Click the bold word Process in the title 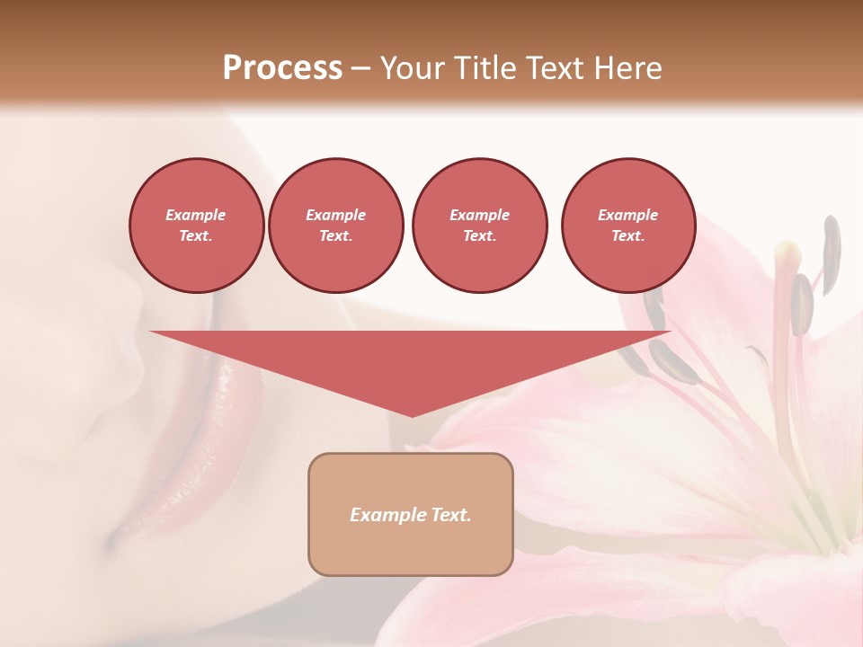tap(282, 68)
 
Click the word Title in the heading tap(484, 68)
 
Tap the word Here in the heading tap(626, 68)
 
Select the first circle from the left tap(196, 226)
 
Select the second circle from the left tap(336, 226)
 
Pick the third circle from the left tap(479, 226)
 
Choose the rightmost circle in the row tap(628, 226)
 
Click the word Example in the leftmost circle tap(196, 216)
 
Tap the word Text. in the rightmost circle tap(628, 236)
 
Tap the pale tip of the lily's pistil tap(787, 251)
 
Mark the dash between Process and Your tap(360, 68)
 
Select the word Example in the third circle tap(479, 216)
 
